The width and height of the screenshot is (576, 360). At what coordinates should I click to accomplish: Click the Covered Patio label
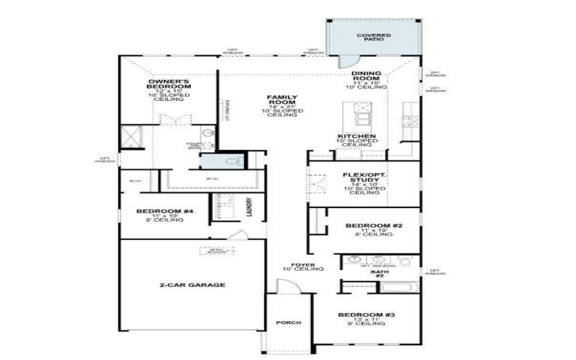pos(374,36)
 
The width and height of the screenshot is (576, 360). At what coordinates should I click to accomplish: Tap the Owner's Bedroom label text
pos(168,85)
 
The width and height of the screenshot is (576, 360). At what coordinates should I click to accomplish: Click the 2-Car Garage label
pos(192,285)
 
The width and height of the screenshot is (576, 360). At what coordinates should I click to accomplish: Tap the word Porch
pos(288,323)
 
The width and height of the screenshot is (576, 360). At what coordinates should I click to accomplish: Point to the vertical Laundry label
pos(248,207)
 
